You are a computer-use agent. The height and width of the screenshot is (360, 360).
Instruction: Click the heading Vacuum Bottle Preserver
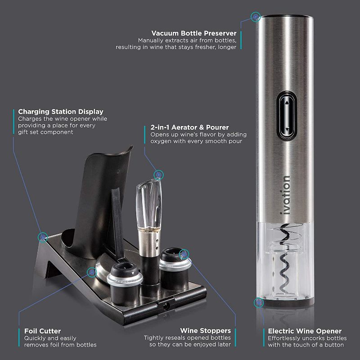[194, 33]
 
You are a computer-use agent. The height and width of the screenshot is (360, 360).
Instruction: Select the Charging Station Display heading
[61, 112]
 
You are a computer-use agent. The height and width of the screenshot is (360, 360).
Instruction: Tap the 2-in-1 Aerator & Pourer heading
[189, 127]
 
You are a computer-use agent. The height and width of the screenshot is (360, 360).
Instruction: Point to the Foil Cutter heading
[43, 331]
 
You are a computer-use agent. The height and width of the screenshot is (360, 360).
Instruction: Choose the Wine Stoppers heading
[205, 331]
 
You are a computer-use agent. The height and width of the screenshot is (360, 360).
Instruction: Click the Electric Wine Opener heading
[304, 331]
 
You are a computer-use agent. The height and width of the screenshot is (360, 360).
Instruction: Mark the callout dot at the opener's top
[256, 17]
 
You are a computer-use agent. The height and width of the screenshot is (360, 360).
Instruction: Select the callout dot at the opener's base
[259, 302]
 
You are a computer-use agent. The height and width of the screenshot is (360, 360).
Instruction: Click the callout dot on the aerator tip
[158, 174]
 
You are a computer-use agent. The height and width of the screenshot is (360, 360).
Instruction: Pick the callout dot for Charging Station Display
[43, 236]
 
